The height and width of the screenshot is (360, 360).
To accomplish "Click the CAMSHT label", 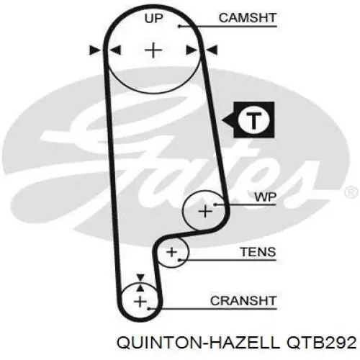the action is pos(248,18).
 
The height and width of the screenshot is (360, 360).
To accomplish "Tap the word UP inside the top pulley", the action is pos(153,18).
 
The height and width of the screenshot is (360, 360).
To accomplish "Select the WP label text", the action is pos(266,197).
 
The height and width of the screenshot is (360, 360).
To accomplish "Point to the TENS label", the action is pos(258,252).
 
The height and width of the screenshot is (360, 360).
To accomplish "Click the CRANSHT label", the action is pos(243,301).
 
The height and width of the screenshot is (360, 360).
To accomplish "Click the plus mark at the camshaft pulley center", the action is pos(153,50).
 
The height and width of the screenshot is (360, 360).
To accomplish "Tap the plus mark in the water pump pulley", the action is pos(205,212).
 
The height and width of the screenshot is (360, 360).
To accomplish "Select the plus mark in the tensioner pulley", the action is pos(171,252).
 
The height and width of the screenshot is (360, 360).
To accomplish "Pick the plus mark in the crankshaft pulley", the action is pos(140,302).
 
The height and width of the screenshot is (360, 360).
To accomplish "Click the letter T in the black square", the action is pos(254,120).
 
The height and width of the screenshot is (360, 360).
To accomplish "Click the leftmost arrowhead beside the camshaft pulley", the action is pos(95,50).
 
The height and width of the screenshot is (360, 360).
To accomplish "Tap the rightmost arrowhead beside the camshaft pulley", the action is pos(212,50).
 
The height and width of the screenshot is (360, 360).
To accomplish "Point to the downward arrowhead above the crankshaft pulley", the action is pos(140,277).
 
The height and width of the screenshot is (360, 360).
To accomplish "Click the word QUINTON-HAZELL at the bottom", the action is pos(198,343).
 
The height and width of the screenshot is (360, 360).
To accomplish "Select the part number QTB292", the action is pos(321,343).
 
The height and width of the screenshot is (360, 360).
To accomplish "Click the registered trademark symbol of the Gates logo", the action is pos(351,192).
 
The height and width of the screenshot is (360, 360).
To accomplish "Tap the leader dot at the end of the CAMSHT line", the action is pos(179,26).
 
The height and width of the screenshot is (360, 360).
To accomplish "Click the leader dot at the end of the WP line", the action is pos(215,204).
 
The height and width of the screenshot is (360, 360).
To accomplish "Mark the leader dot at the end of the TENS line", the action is pos(179,260).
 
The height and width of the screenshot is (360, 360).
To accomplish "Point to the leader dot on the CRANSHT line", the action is pos(149,309).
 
